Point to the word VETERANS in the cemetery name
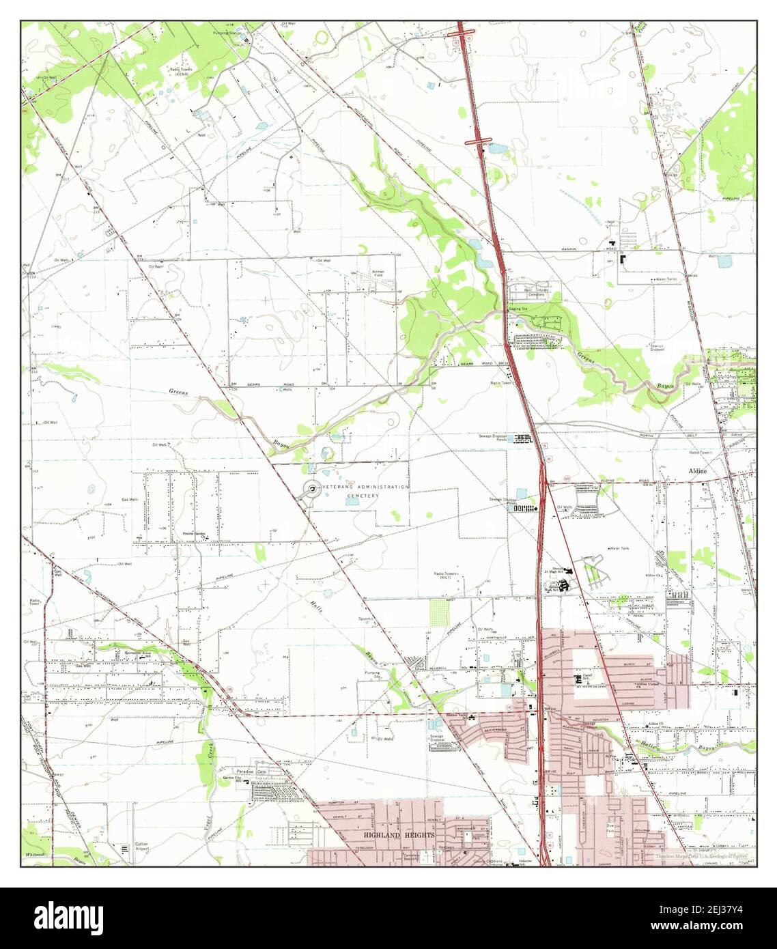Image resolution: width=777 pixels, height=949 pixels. coord(341,487)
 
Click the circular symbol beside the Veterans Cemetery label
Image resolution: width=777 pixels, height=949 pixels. coord(311,488)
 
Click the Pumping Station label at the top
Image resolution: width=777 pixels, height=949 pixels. coord(228,31)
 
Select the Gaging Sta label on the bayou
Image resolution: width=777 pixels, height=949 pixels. coord(517,309)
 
